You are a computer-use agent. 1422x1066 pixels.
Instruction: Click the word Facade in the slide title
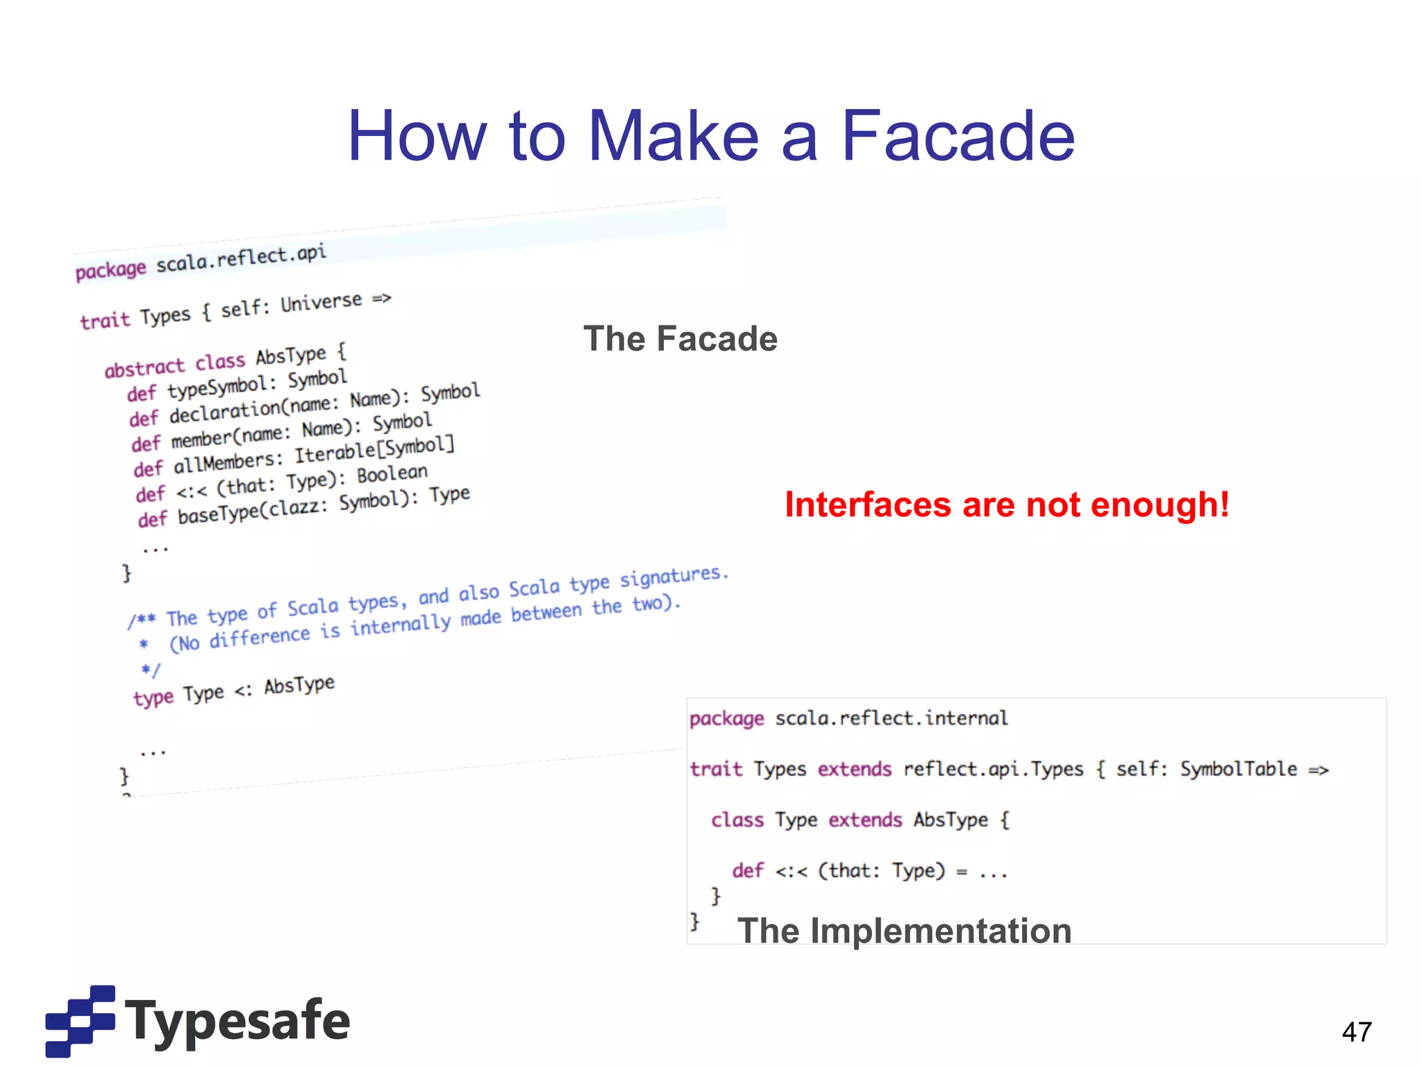click(x=958, y=137)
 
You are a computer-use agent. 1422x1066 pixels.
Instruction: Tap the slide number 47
click(x=1357, y=1032)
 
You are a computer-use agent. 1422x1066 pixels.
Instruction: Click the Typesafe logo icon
click(x=80, y=1020)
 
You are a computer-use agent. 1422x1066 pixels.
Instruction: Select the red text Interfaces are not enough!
click(x=1007, y=505)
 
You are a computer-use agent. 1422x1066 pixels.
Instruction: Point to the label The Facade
click(x=680, y=339)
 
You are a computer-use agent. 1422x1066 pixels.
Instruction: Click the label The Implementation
click(x=904, y=931)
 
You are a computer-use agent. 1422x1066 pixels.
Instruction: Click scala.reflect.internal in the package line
click(x=891, y=718)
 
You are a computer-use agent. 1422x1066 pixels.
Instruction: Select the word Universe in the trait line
click(x=321, y=303)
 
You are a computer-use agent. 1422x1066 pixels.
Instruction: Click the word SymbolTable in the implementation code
click(x=1239, y=769)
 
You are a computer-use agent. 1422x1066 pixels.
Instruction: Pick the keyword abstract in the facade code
click(x=144, y=367)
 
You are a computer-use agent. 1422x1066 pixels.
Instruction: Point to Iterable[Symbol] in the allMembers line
click(x=374, y=450)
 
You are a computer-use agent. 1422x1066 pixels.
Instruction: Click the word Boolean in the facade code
click(x=392, y=475)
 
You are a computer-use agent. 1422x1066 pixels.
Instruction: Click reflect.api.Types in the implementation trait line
click(x=993, y=769)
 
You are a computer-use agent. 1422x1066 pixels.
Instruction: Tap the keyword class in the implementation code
click(x=737, y=820)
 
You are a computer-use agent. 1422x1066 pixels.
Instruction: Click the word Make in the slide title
click(x=673, y=137)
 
